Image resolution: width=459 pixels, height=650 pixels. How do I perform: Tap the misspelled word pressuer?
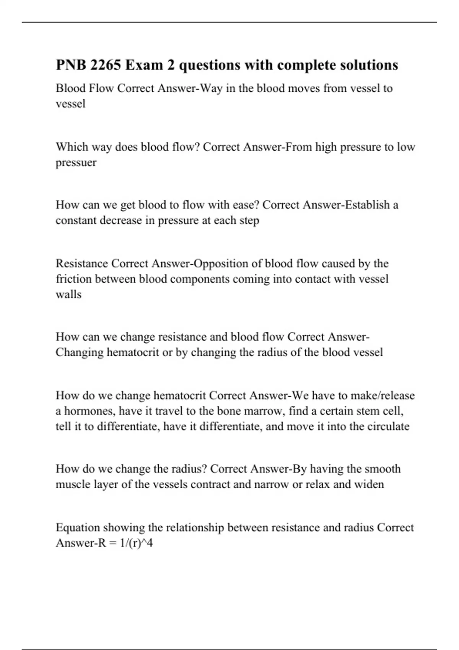click(76, 162)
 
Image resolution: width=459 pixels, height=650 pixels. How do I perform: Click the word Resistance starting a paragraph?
click(82, 263)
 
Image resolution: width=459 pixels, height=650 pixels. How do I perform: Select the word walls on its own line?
click(69, 294)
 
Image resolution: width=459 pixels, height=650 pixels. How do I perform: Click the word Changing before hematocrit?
click(80, 352)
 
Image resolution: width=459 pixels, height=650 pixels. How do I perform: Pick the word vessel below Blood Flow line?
click(70, 104)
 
